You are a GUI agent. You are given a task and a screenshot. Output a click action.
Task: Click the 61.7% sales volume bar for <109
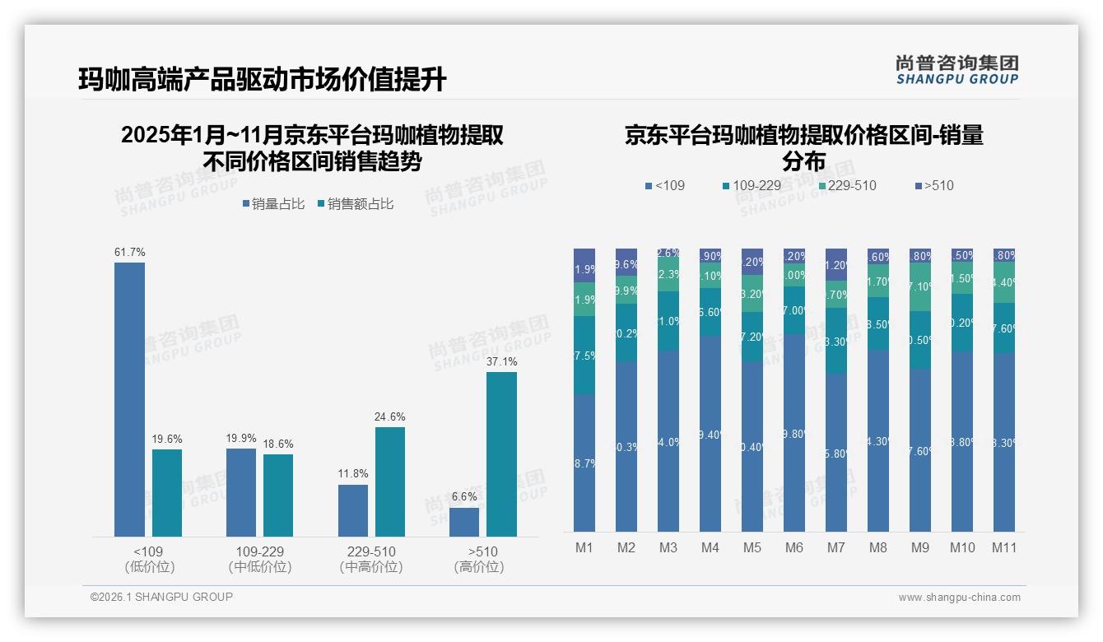[x=129, y=399]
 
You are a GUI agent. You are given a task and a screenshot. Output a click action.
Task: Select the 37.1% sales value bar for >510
[x=501, y=454]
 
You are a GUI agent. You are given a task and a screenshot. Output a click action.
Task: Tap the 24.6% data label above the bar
[x=389, y=417]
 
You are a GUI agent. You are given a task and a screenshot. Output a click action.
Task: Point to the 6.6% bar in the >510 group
[x=464, y=522]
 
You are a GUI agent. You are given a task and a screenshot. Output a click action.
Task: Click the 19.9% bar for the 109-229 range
[x=241, y=492]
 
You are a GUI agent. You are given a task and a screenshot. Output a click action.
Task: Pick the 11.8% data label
[x=353, y=474]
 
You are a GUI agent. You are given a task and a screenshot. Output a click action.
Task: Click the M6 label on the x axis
[x=794, y=547]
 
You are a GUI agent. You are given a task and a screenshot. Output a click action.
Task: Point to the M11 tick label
[x=1003, y=547]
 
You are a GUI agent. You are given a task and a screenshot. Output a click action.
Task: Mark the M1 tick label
[x=584, y=547]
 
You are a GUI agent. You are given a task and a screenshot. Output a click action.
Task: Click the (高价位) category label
[x=479, y=567]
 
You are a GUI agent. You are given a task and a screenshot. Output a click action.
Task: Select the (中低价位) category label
[x=260, y=567]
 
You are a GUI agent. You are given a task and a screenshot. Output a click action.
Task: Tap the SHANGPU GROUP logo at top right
[x=956, y=70]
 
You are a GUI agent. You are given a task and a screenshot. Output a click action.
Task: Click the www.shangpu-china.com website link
[x=959, y=598]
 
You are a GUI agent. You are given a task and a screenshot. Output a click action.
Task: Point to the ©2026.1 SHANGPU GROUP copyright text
[x=161, y=597]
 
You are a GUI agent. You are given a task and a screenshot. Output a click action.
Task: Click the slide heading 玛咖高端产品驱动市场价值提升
[x=263, y=80]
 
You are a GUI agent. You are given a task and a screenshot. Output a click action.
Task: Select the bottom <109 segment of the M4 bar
[x=710, y=434]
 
